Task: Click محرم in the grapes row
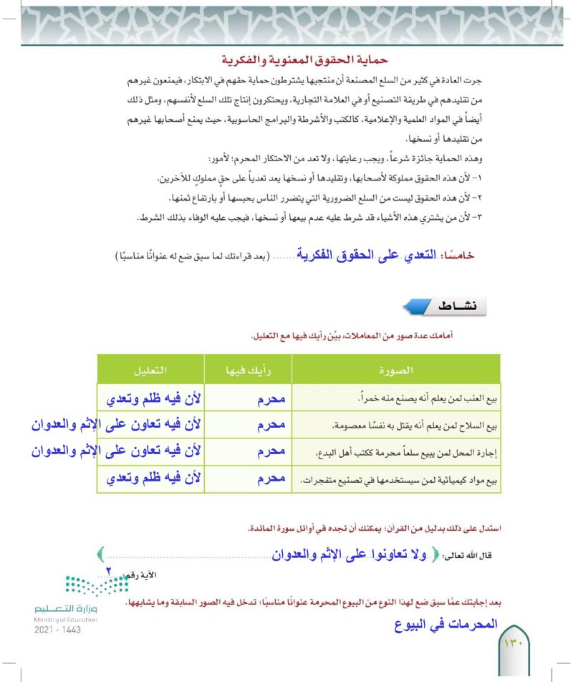coord(271,398)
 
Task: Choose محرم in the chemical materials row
coord(271,479)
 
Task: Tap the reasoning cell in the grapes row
coord(151,398)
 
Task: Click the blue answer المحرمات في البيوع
coord(435,624)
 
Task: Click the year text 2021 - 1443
coord(57,630)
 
